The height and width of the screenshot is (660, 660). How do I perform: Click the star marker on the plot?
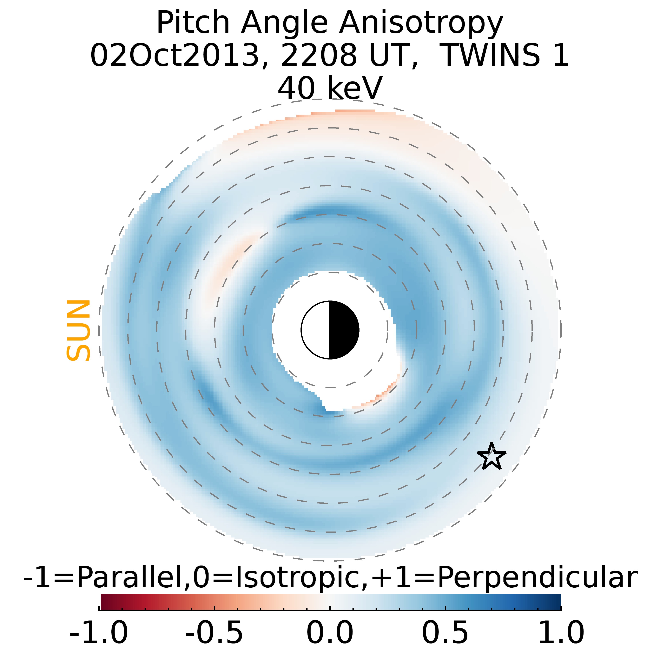[x=491, y=456]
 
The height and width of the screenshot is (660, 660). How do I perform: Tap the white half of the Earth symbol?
[x=316, y=330]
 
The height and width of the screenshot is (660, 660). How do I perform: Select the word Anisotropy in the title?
[x=421, y=23]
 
